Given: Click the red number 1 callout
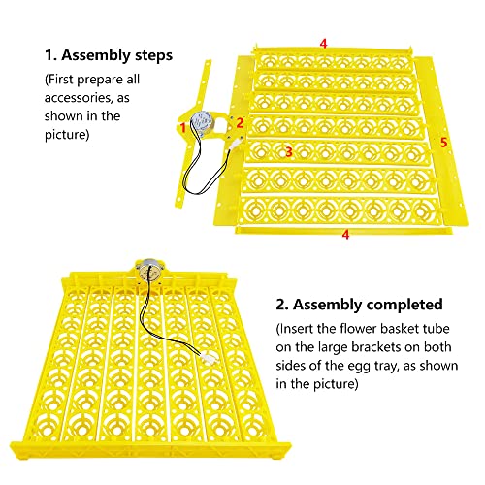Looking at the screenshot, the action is [183, 127].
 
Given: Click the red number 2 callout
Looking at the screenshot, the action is [240, 123].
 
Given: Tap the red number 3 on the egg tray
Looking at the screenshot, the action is [289, 151].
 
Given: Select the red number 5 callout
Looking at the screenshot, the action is [443, 143].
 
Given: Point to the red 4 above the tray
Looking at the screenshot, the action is [324, 44].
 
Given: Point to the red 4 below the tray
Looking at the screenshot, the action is [345, 235].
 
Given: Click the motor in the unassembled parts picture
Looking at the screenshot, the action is [201, 123].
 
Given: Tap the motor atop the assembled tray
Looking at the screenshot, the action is [149, 271].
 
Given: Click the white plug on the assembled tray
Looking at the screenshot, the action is [207, 358].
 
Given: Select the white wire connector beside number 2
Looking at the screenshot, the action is [236, 143].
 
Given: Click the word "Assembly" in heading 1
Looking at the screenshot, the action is [96, 56].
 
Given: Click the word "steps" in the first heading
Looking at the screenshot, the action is [153, 56].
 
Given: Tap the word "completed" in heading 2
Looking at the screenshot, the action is [404, 305].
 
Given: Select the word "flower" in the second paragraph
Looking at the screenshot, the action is [358, 329].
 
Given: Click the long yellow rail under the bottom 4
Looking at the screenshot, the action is [343, 230].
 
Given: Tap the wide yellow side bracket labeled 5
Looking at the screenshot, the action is [440, 143].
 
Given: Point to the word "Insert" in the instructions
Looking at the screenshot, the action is [297, 329].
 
